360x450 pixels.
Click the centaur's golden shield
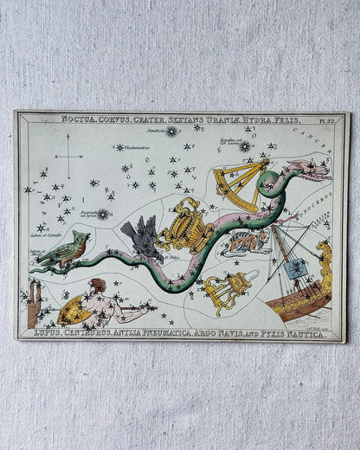click(x=73, y=307)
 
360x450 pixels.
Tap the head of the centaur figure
click(x=98, y=285)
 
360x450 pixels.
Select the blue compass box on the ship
click(x=298, y=269)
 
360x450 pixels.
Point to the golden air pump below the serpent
click(x=228, y=291)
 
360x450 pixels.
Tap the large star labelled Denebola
click(x=171, y=132)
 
